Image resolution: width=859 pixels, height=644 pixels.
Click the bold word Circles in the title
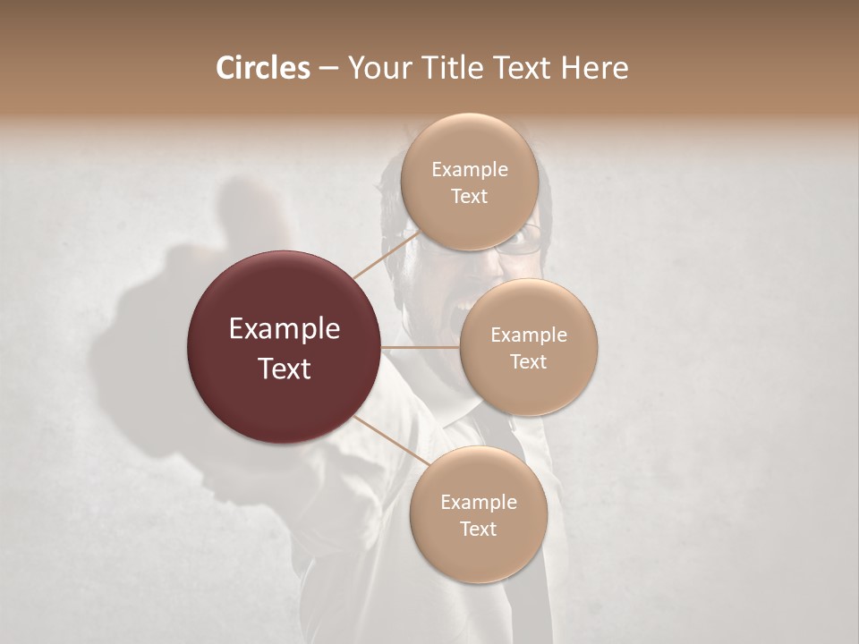[x=262, y=68]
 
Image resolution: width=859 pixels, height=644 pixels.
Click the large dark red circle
[x=285, y=347]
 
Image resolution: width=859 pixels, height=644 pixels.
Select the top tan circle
[x=469, y=182]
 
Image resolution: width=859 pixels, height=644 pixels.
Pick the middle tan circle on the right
[x=529, y=347]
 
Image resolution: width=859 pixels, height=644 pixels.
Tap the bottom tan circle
[x=478, y=515]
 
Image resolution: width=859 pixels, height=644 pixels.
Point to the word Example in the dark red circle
[x=285, y=329]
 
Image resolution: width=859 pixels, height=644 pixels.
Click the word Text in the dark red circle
[x=285, y=368]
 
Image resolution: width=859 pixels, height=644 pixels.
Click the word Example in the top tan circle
[x=470, y=170]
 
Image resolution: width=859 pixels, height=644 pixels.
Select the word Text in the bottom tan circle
[x=478, y=529]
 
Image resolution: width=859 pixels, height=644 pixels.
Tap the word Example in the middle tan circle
[x=529, y=335]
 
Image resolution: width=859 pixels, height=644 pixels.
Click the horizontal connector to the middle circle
[x=421, y=347]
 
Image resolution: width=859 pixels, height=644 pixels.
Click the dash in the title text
[x=328, y=69]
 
